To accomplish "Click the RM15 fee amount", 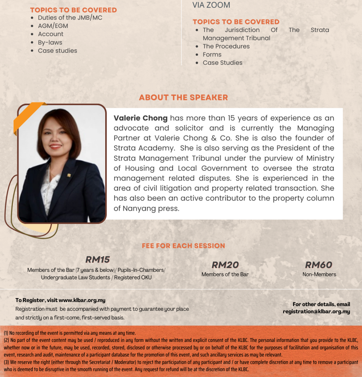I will [97, 259].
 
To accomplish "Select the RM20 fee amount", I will [225, 265].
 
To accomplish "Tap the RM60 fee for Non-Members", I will [319, 265].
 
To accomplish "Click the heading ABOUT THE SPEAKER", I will [183, 97].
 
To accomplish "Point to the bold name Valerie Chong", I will [140, 118].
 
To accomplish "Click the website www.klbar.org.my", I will [82, 300].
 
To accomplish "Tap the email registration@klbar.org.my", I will [316, 312].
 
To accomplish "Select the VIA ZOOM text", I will [211, 5].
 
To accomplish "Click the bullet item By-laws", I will [50, 43].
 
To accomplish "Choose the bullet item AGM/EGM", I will [53, 26].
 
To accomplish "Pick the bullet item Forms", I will [212, 55].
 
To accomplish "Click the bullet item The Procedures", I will [226, 46].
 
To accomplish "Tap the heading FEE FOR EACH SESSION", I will [183, 246].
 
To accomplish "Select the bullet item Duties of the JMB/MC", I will [70, 18].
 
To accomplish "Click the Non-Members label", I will [319, 274].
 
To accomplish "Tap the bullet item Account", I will [51, 34].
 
